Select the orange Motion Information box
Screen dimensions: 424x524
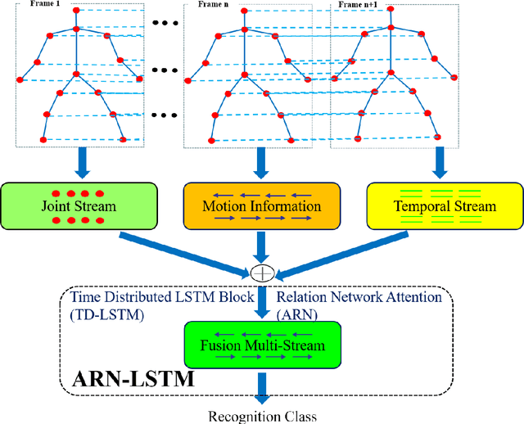[x=260, y=205]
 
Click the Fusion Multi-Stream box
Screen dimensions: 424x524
[x=263, y=344]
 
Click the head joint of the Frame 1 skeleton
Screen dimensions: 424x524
[x=77, y=12]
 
